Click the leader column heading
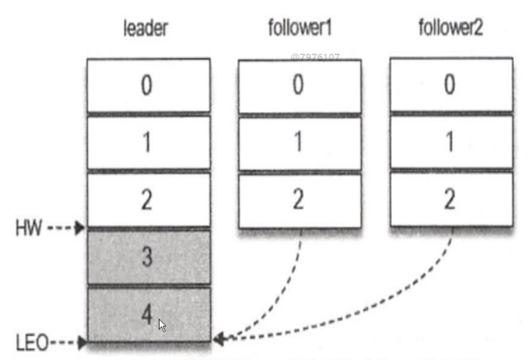click(x=145, y=30)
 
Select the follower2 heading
click(x=450, y=30)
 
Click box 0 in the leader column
click(x=148, y=86)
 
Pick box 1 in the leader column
click(x=148, y=142)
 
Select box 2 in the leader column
click(x=148, y=199)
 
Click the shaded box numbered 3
click(x=148, y=257)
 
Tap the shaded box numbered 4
click(x=148, y=314)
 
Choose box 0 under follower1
click(x=300, y=86)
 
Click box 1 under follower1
click(x=300, y=142)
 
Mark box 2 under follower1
click(x=300, y=199)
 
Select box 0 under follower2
click(x=451, y=86)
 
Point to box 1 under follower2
click(x=451, y=142)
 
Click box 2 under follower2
click(x=451, y=199)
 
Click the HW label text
click(x=29, y=229)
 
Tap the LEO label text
click(x=31, y=341)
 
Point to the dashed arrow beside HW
click(x=67, y=229)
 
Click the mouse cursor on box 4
click(x=163, y=325)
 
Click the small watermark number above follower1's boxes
click(x=315, y=57)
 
